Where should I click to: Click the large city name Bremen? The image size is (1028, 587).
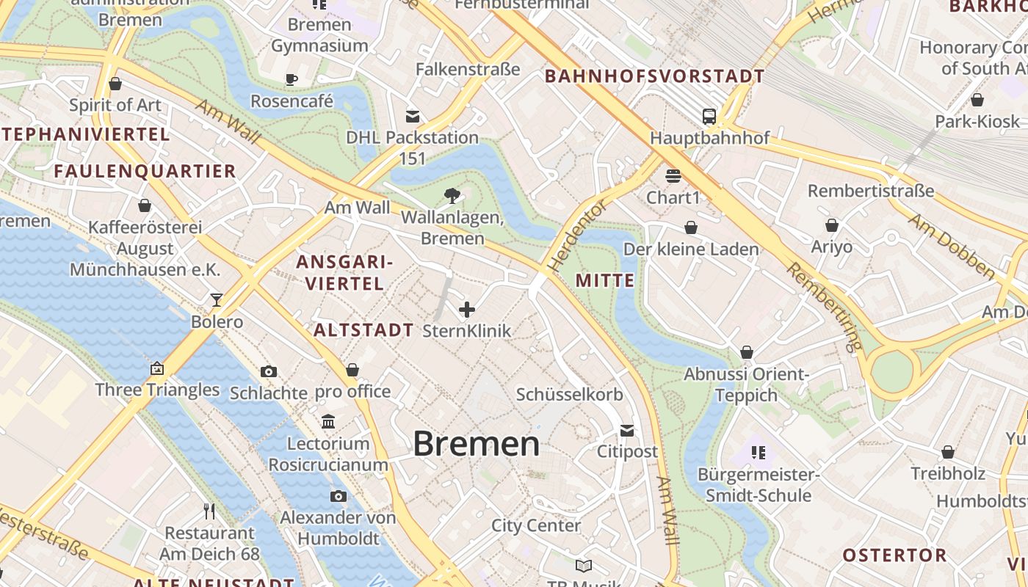(x=476, y=444)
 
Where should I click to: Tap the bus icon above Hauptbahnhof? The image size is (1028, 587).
(x=709, y=116)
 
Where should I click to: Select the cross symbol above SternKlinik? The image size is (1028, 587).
(x=467, y=310)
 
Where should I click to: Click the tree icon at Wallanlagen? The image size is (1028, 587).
(x=452, y=195)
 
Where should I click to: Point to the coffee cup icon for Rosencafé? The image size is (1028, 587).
(x=292, y=79)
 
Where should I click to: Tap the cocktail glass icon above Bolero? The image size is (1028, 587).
(x=217, y=299)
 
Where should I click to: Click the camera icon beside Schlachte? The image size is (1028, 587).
(x=269, y=371)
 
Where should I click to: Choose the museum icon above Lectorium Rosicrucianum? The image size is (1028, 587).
(x=328, y=422)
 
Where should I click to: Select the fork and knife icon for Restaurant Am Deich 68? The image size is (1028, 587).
(x=209, y=511)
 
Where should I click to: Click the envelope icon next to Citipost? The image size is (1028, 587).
(x=627, y=430)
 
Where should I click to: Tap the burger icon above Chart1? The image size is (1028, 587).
(x=673, y=176)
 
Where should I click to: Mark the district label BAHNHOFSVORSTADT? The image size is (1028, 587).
(x=655, y=76)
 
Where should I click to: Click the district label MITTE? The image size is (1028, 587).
(x=605, y=280)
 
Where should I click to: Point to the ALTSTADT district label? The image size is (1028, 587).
(x=363, y=330)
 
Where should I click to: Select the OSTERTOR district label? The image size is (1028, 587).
(x=894, y=555)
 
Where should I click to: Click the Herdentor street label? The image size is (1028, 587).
(x=578, y=236)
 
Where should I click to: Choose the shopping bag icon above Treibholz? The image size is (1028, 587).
(x=948, y=452)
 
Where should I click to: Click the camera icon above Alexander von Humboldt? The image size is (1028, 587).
(x=338, y=497)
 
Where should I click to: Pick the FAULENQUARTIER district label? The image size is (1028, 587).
(x=145, y=172)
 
